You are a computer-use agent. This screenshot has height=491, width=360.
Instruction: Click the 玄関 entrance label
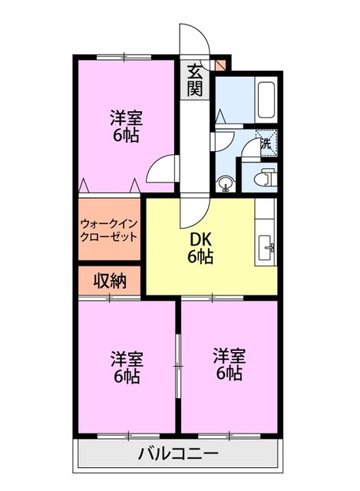pyautogui.click(x=195, y=79)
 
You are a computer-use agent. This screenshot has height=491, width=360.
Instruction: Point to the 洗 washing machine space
pyautogui.click(x=266, y=142)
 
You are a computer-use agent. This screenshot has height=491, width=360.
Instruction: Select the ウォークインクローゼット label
pyautogui.click(x=108, y=229)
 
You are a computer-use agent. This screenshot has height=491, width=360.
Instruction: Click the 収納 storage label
pyautogui.click(x=109, y=281)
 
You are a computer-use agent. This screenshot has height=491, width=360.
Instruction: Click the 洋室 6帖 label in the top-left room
pyautogui.click(x=125, y=127)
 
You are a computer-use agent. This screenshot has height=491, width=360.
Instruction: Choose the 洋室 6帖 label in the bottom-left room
pyautogui.click(x=125, y=367)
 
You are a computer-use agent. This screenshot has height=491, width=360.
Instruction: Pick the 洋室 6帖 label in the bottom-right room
pyautogui.click(x=229, y=364)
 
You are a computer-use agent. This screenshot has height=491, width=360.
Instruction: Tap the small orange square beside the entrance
pyautogui.click(x=221, y=64)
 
